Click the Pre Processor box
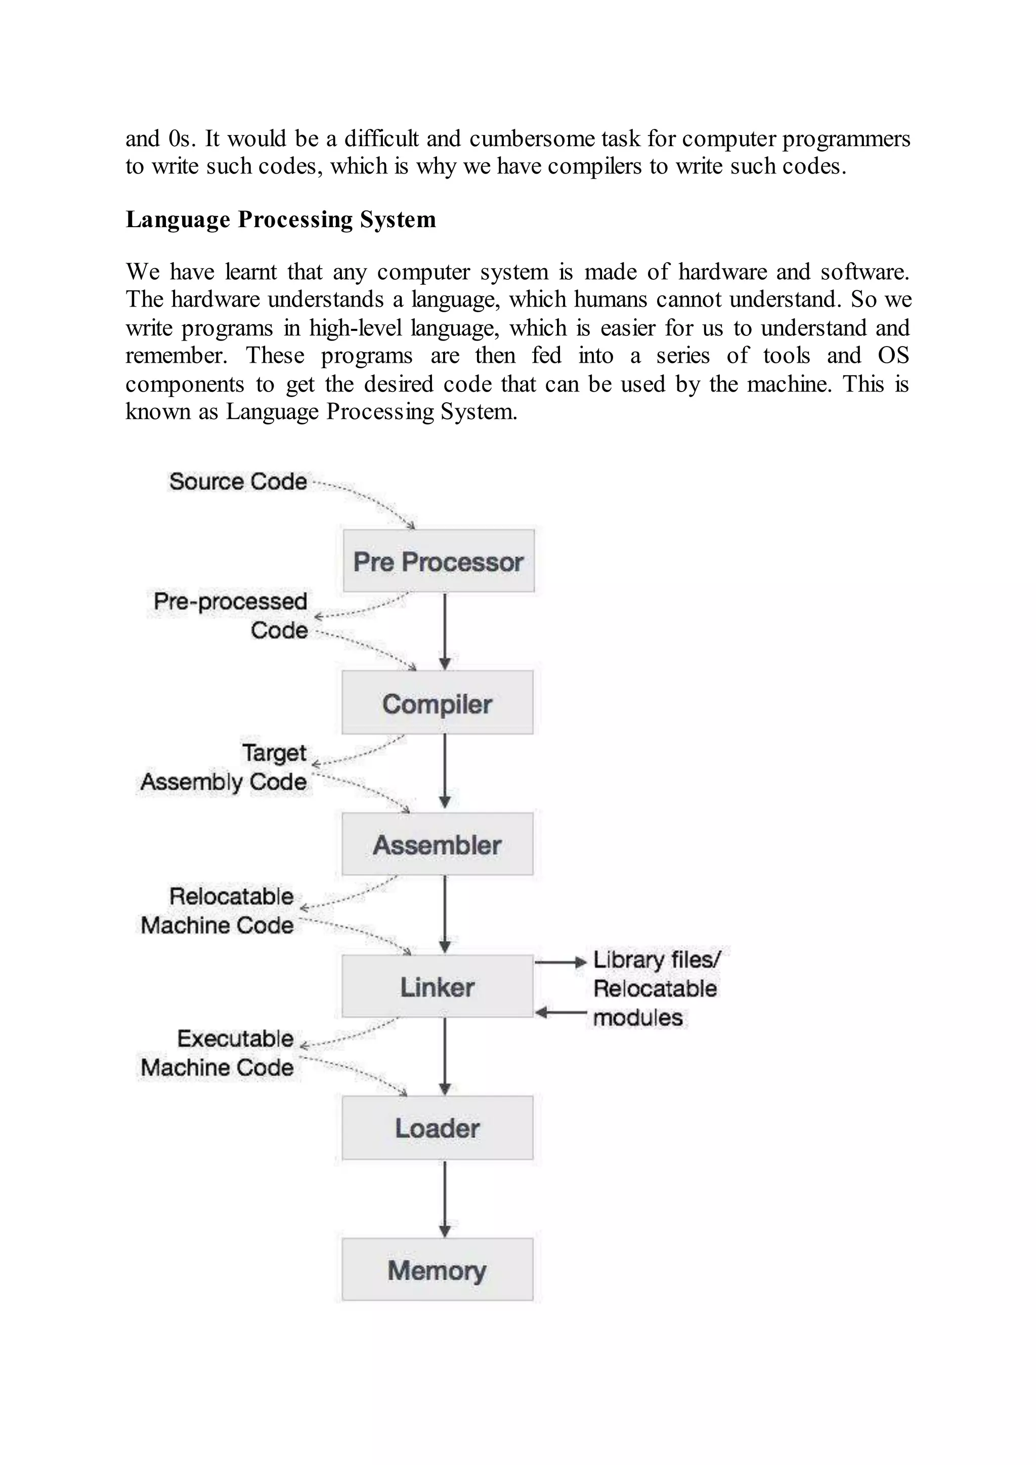click(438, 561)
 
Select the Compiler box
click(438, 703)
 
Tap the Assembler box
click(438, 844)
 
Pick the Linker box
click(438, 986)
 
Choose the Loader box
click(438, 1128)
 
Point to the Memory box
click(438, 1270)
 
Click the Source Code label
click(238, 481)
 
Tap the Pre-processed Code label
click(231, 616)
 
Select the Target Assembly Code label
click(224, 767)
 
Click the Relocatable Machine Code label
click(218, 911)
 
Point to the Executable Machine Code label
click(218, 1053)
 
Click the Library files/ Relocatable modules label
click(655, 988)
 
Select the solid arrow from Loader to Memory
click(445, 1199)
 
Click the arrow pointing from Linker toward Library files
click(560, 962)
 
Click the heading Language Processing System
click(281, 219)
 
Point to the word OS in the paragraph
click(893, 356)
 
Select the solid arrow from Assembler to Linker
click(445, 914)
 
